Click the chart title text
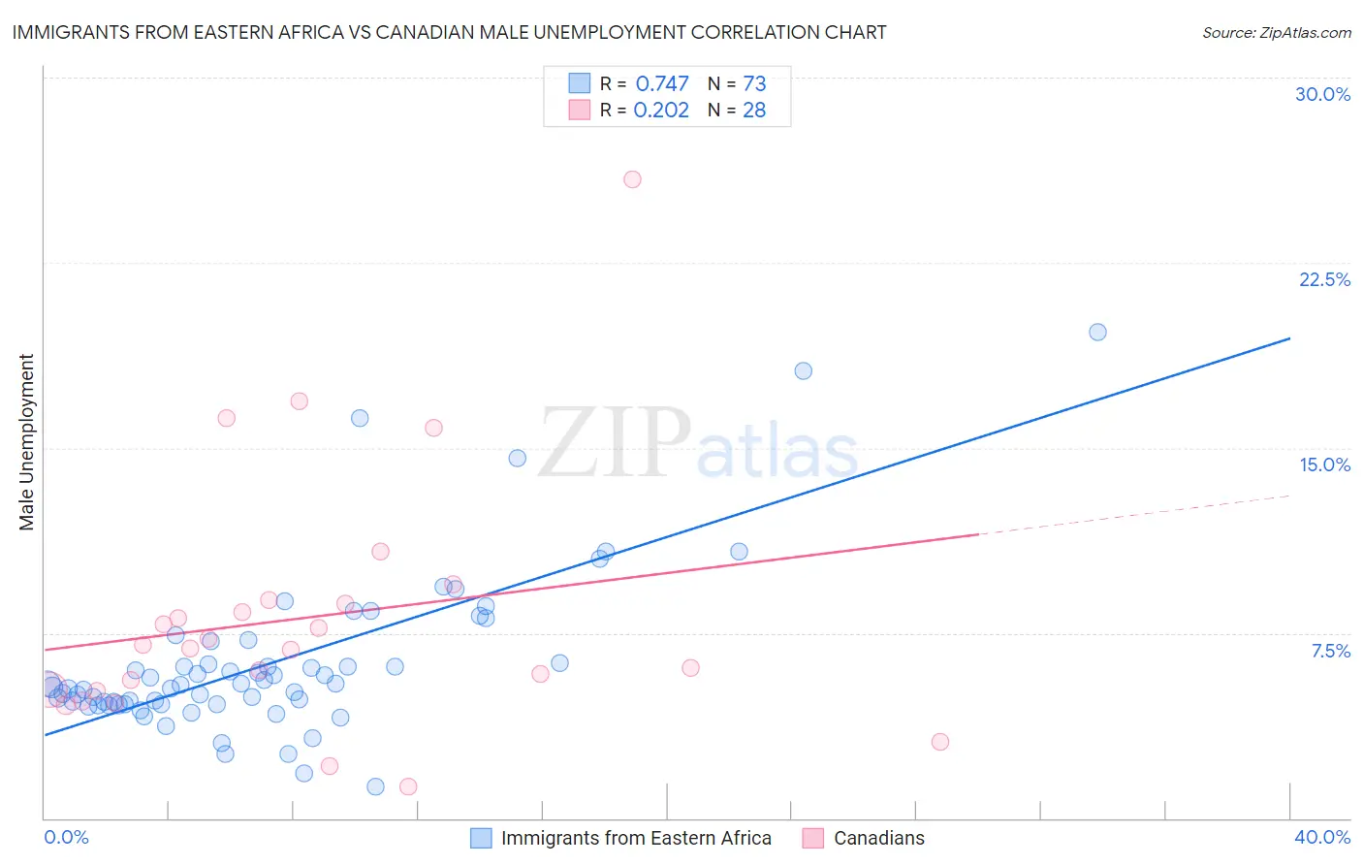click(449, 33)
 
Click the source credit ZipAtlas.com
click(1276, 33)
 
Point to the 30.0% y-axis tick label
click(1322, 94)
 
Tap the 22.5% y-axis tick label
click(1324, 279)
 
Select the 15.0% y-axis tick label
click(1324, 465)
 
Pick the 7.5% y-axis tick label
click(1330, 651)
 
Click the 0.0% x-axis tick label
click(66, 837)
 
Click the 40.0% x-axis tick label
click(1322, 837)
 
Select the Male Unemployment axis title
click(27, 442)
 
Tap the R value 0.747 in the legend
click(662, 84)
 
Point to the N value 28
click(754, 111)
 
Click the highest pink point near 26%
click(632, 179)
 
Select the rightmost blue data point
click(1097, 332)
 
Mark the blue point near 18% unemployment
click(803, 370)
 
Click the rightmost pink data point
click(939, 742)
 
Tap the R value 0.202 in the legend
click(661, 111)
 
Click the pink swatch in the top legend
click(580, 110)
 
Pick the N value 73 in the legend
click(754, 84)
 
